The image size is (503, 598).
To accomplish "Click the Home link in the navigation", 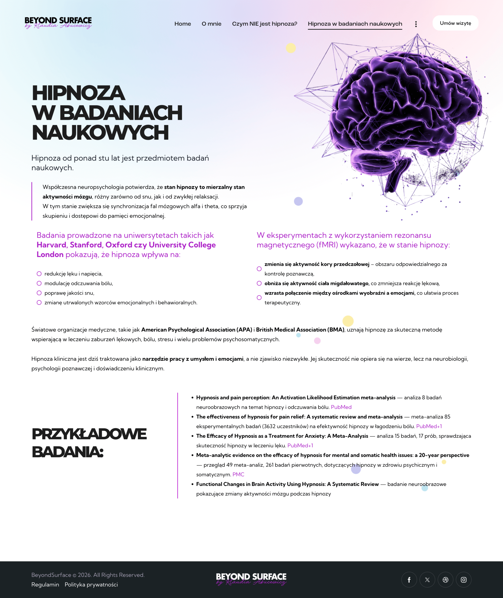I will pyautogui.click(x=182, y=24).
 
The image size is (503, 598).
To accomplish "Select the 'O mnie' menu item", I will pyautogui.click(x=211, y=24).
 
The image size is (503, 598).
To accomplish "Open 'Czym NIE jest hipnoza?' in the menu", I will pyautogui.click(x=264, y=24).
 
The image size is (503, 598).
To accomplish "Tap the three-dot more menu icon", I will pyautogui.click(x=416, y=24).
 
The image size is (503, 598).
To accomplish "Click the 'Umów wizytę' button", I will pyautogui.click(x=455, y=23).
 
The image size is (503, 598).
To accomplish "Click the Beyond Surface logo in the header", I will pyautogui.click(x=58, y=22).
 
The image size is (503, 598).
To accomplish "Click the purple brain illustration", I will pyautogui.click(x=405, y=114).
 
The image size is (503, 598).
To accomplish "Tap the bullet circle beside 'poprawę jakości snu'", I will pyautogui.click(x=39, y=293).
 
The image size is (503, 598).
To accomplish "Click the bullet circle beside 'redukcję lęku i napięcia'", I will pyautogui.click(x=39, y=274).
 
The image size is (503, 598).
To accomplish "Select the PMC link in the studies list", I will pyautogui.click(x=238, y=474).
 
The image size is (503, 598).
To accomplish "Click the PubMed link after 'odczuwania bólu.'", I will pyautogui.click(x=341, y=407).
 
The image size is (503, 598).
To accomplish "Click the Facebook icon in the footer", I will pyautogui.click(x=409, y=580).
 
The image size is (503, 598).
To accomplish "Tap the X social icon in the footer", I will pyautogui.click(x=427, y=580).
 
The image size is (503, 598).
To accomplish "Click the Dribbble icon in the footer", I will pyautogui.click(x=445, y=580).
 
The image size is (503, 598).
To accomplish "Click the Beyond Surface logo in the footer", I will pyautogui.click(x=251, y=579).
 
